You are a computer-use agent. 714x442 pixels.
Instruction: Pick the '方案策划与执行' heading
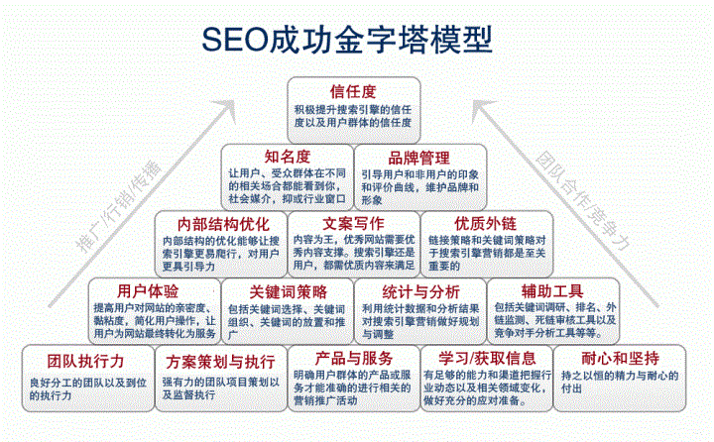(x=220, y=358)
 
